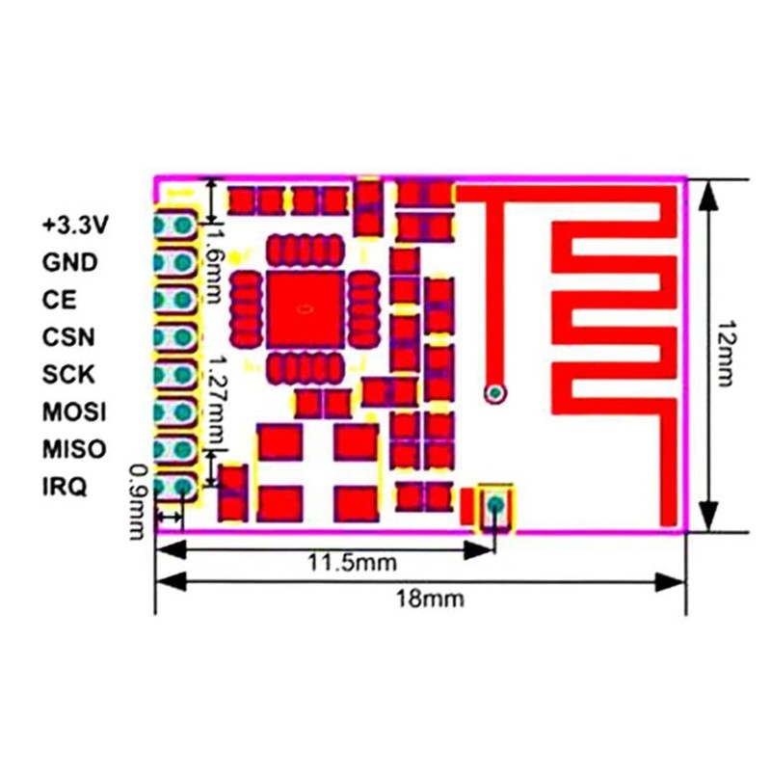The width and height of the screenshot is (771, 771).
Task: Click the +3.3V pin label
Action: [x=75, y=226]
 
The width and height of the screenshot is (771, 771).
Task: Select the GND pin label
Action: [x=69, y=262]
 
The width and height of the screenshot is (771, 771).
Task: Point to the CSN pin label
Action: [x=68, y=337]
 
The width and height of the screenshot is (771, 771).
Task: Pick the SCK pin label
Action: [x=68, y=374]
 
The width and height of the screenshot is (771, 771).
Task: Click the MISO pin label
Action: [x=74, y=449]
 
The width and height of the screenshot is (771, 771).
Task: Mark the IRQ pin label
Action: [x=65, y=487]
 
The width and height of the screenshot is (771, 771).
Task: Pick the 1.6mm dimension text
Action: [x=216, y=260]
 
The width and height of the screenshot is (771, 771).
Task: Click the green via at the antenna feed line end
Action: [x=496, y=392]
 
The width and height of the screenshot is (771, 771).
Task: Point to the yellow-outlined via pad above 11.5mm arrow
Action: [x=496, y=504]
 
